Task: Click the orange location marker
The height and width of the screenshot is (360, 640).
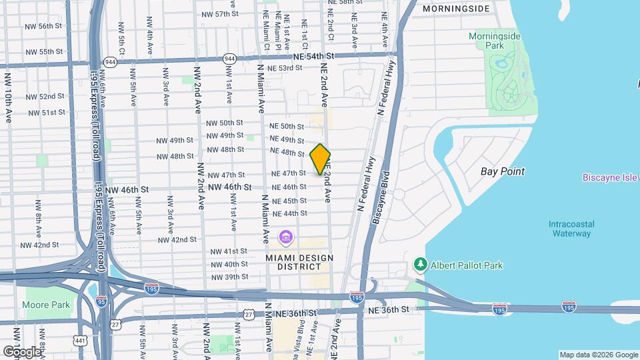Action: tap(320, 159)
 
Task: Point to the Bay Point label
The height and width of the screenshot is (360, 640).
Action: tap(503, 171)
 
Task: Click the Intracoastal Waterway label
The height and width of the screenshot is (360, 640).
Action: tap(571, 229)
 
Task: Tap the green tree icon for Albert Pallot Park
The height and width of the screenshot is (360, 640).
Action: tap(421, 265)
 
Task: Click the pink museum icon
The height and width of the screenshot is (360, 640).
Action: tap(286, 237)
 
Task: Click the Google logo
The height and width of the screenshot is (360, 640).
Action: tap(22, 351)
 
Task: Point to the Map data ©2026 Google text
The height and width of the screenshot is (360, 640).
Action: tap(599, 355)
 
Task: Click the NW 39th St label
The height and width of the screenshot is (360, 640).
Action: tap(229, 277)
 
